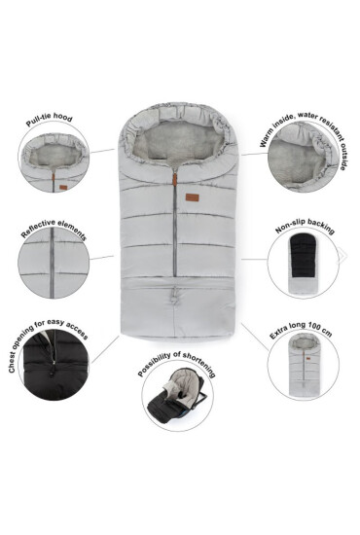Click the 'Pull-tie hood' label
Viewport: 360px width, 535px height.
(50, 120)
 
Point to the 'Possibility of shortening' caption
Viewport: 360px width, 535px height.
(177, 364)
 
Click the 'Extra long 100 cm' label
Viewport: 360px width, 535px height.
(301, 330)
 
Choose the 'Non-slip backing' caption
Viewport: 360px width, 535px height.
(305, 226)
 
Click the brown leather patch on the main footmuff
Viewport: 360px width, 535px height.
(191, 197)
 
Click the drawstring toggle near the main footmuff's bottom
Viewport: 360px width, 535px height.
(175, 296)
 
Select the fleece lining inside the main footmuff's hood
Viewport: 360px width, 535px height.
(177, 141)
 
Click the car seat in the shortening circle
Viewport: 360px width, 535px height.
(177, 396)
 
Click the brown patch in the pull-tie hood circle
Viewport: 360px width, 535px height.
(63, 188)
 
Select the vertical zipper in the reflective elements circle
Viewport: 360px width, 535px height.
(53, 262)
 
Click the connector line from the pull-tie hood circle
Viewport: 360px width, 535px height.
(102, 151)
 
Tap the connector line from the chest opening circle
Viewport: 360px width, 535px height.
(105, 349)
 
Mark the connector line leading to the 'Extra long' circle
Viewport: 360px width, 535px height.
(255, 337)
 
